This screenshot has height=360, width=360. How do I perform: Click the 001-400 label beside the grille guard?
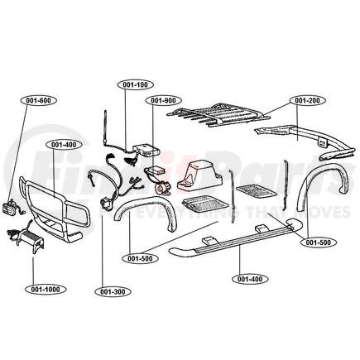[63, 144]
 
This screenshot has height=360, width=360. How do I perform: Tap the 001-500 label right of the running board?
[318, 242]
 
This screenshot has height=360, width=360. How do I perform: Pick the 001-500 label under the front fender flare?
[142, 257]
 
